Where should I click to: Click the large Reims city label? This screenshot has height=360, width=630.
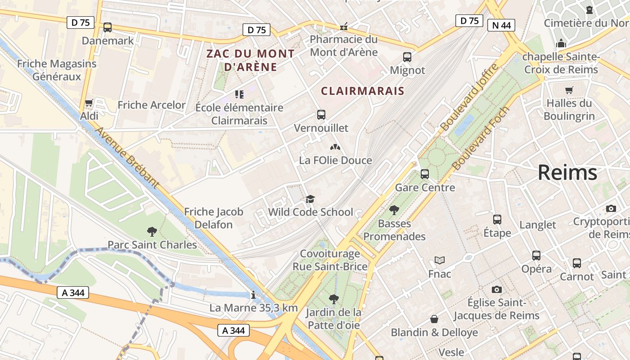[x=567, y=173]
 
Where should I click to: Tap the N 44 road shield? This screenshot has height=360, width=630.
[x=501, y=25]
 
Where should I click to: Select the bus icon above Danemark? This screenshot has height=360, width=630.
[x=108, y=27]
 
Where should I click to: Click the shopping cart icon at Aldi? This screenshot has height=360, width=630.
[x=89, y=103]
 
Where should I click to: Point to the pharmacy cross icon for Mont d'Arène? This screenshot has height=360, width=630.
[x=344, y=27]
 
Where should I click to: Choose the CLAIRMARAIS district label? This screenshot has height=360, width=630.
[x=362, y=91]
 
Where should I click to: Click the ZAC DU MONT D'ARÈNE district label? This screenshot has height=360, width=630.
[x=250, y=60]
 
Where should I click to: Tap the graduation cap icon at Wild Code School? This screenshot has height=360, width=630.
[x=310, y=199]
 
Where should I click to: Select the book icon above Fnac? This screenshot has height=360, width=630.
[x=440, y=261]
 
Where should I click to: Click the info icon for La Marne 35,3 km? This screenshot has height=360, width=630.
[x=253, y=295]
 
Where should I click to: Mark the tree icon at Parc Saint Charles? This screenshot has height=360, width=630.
[x=152, y=232]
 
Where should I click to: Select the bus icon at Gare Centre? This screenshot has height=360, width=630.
[x=425, y=174]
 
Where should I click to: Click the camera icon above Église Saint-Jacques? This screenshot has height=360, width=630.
[x=496, y=289]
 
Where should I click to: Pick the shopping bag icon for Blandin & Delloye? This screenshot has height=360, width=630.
[x=434, y=319]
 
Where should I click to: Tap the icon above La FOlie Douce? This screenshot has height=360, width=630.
[x=335, y=147]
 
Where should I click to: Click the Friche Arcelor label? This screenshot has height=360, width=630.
[x=151, y=105]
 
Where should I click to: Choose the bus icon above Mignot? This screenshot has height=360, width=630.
[x=407, y=57]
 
